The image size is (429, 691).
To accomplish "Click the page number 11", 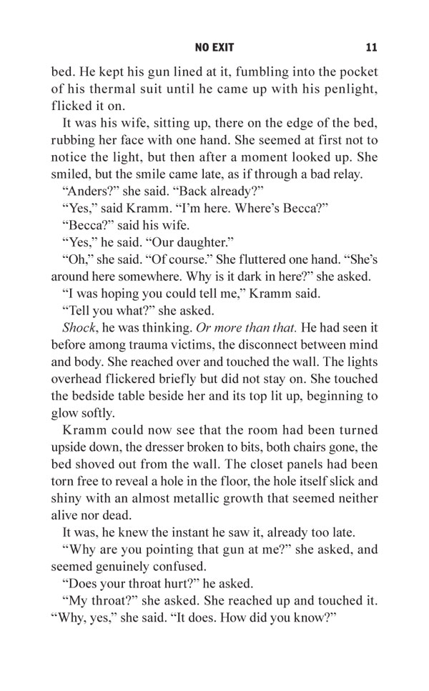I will pyautogui.click(x=370, y=48).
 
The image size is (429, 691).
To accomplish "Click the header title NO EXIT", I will pyautogui.click(x=214, y=48).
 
